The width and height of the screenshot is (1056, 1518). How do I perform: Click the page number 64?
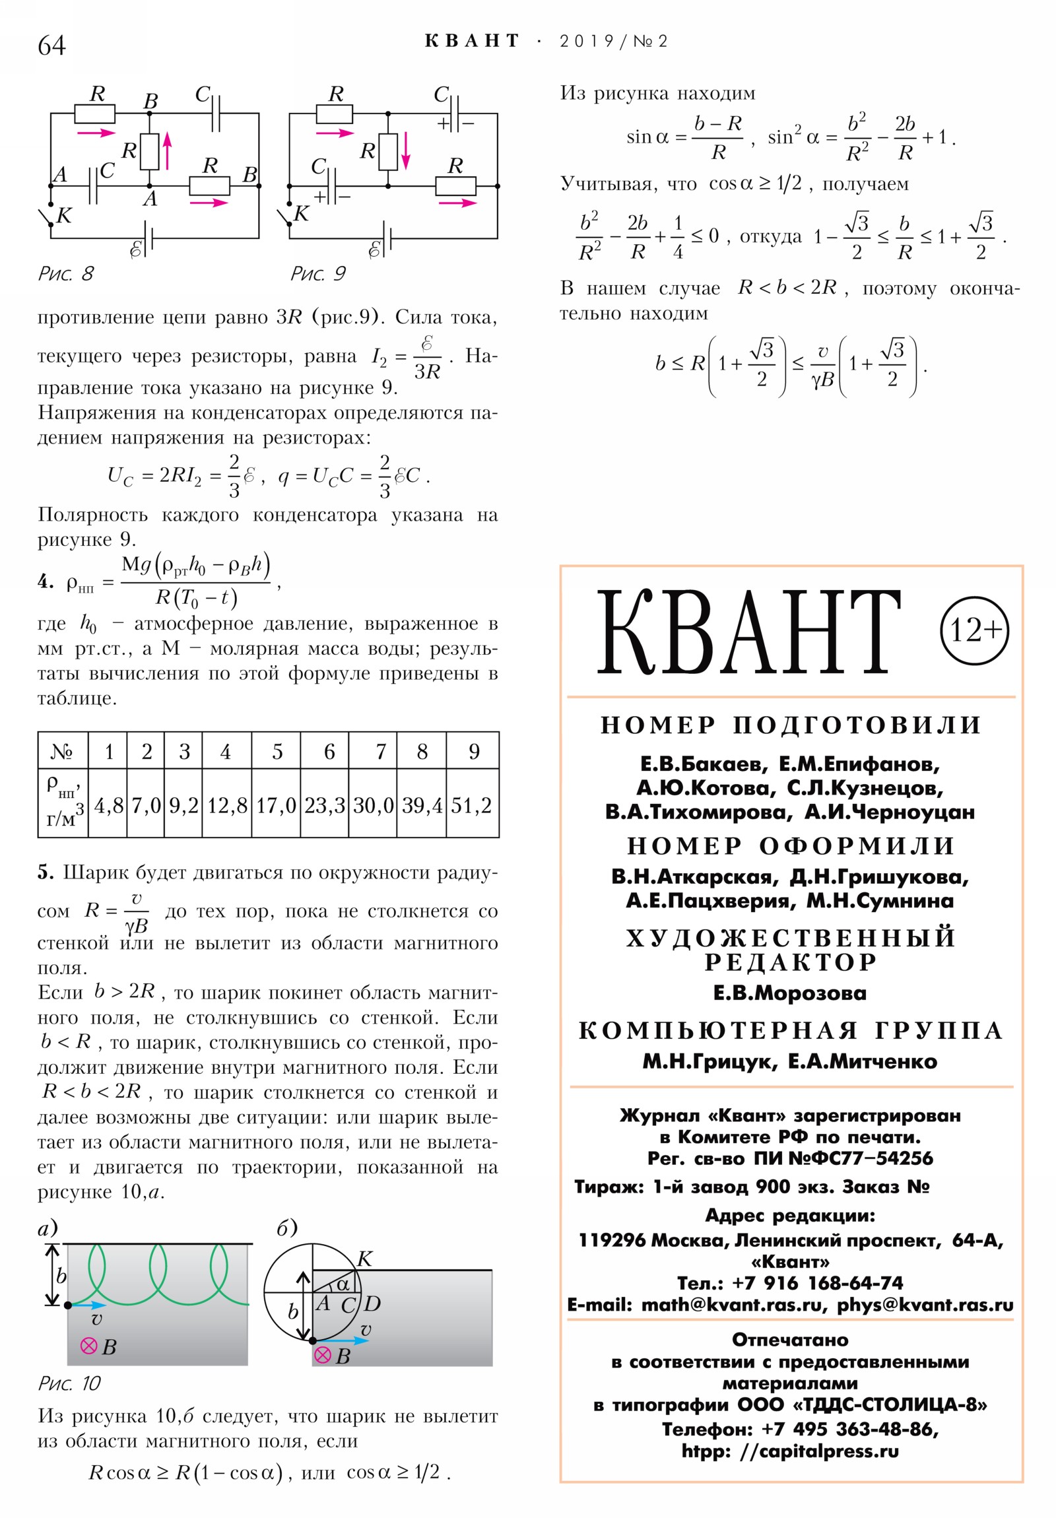51,46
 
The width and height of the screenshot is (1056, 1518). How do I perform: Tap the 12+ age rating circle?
973,630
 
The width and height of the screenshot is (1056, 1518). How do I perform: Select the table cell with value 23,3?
324,805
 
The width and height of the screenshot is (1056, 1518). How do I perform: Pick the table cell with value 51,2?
471,805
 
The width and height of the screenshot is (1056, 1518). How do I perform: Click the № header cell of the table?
62,751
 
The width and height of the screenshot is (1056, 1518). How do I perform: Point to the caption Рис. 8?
66,274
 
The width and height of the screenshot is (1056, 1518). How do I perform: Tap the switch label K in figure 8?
64,216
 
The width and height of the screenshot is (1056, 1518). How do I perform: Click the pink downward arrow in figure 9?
406,151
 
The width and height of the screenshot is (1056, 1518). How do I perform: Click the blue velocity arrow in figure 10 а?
90,1305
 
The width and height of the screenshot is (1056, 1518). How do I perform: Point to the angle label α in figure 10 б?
343,1284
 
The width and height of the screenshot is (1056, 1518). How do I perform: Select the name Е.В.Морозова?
789,993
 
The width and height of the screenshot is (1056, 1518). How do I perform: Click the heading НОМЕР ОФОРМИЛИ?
791,845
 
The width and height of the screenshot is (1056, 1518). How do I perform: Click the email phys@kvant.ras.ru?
925,1305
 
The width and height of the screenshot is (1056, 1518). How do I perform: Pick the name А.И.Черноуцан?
890,812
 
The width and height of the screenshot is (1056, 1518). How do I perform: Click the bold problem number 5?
46,873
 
